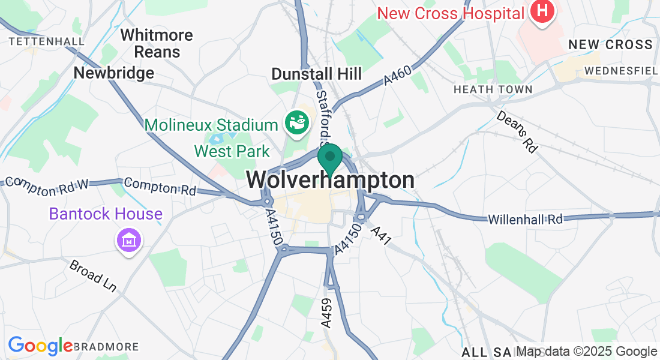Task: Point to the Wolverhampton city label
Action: pyautogui.click(x=330, y=180)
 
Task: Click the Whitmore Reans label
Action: pyautogui.click(x=157, y=43)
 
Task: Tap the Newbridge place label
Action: pyautogui.click(x=113, y=73)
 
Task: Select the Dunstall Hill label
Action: pyautogui.click(x=316, y=74)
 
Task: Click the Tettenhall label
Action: pyautogui.click(x=46, y=41)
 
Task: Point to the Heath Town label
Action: pyautogui.click(x=493, y=89)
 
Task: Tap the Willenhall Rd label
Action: pyautogui.click(x=526, y=220)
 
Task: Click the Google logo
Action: pyautogui.click(x=40, y=346)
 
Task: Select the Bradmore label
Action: pyautogui.click(x=106, y=347)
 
